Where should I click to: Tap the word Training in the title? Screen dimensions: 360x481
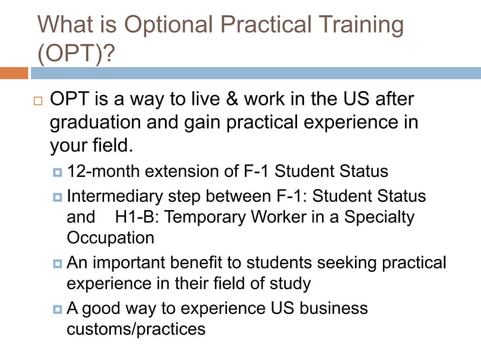355,26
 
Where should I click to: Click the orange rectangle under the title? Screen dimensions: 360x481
14,73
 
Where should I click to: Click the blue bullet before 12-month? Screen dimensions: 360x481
57,172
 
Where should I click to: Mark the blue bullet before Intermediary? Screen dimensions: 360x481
57,197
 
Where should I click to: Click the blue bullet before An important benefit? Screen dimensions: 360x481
57,264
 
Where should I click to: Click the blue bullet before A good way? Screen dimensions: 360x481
57,309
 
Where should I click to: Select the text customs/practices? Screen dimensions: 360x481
136,329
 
